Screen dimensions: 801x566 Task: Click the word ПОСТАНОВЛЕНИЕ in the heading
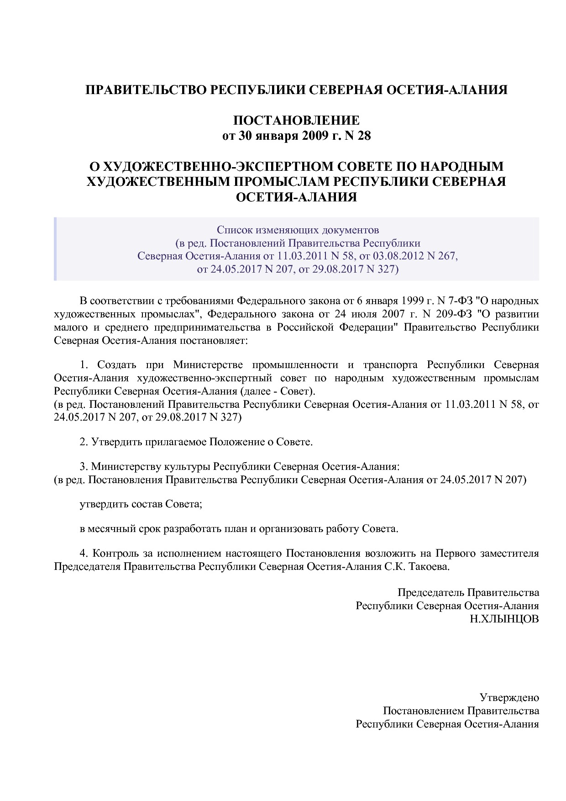296,121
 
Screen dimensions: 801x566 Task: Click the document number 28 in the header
364,136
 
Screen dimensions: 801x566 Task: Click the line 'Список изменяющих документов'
298,229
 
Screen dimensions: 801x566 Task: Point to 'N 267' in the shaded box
440,256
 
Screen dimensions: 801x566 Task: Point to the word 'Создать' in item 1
117,365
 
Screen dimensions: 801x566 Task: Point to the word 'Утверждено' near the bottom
509,698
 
